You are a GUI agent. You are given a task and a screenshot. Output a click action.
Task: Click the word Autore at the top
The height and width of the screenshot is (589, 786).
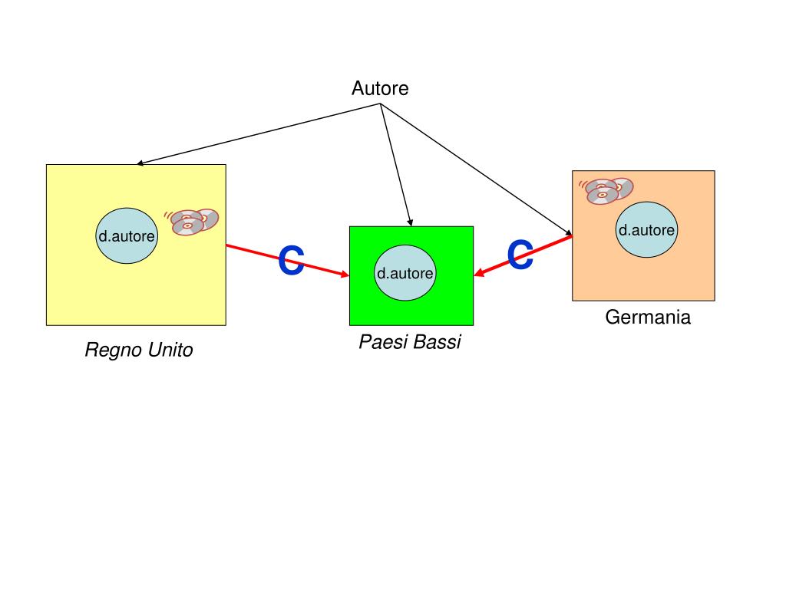(x=380, y=89)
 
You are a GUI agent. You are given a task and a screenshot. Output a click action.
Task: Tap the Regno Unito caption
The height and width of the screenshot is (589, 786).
(x=138, y=350)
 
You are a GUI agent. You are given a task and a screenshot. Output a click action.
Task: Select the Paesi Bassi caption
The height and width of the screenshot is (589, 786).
(x=410, y=342)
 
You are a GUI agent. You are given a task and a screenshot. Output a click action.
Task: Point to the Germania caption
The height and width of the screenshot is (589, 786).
(x=648, y=318)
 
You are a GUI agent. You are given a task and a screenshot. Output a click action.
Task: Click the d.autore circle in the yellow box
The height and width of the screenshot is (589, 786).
(x=127, y=236)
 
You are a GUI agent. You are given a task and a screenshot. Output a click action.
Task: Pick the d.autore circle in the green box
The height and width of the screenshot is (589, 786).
(x=405, y=273)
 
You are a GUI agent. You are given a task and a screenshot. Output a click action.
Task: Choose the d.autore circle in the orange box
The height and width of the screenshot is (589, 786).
(x=646, y=230)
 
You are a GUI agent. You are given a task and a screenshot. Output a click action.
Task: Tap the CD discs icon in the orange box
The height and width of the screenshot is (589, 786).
(x=608, y=190)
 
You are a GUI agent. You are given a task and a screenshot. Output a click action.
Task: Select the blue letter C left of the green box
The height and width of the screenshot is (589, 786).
(x=291, y=261)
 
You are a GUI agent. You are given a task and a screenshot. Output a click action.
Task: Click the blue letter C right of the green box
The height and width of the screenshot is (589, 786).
(x=520, y=255)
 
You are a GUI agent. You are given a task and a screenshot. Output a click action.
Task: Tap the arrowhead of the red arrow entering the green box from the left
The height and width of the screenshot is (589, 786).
(x=345, y=275)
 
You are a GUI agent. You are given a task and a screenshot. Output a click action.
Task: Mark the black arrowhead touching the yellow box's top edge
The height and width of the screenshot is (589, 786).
(x=140, y=163)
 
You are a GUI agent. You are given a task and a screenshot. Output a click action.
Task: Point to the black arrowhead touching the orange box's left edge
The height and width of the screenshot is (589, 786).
(x=569, y=232)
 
